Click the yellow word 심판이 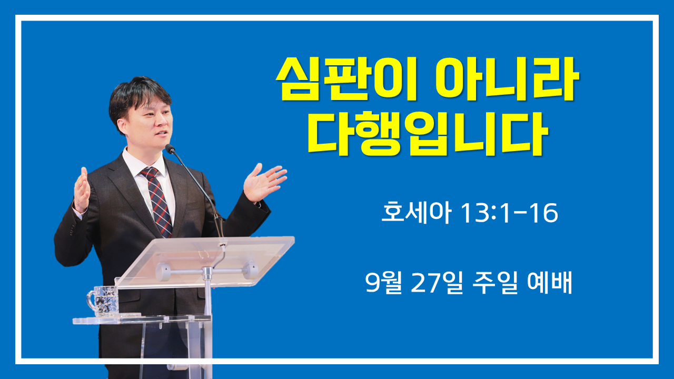[346, 79]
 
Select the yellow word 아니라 [507, 79]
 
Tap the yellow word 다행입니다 [428, 133]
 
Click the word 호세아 [417, 212]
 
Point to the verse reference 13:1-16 [509, 213]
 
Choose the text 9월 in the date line [383, 283]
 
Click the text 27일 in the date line [437, 283]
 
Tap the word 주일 [495, 283]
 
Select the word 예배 [549, 282]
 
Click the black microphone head [170, 148]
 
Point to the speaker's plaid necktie [157, 201]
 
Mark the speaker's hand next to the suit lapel [82, 189]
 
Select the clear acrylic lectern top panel [205, 262]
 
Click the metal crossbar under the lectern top [206, 271]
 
